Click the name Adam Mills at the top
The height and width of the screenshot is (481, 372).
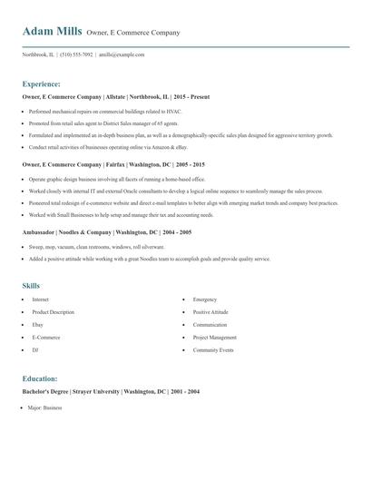[x=52, y=32]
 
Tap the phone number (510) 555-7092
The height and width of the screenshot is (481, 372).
[x=77, y=54]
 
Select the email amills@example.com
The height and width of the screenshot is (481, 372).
[x=122, y=54]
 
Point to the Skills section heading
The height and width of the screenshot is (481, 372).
[x=31, y=285]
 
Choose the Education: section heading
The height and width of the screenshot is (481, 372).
[x=40, y=378]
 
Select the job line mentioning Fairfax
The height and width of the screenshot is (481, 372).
[x=113, y=164]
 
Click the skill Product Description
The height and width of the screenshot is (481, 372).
[x=54, y=311]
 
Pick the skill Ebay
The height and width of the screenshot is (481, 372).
[x=38, y=324]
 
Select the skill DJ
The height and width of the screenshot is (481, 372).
[x=35, y=349]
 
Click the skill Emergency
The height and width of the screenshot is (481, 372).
[x=205, y=299]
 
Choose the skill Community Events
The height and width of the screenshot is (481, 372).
[x=213, y=349]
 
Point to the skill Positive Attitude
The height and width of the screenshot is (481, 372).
[x=210, y=311]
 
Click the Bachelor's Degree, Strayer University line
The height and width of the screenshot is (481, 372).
[x=111, y=390]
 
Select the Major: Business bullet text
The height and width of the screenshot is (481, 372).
[x=46, y=408]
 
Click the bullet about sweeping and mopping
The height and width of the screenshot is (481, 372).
[x=96, y=246]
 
